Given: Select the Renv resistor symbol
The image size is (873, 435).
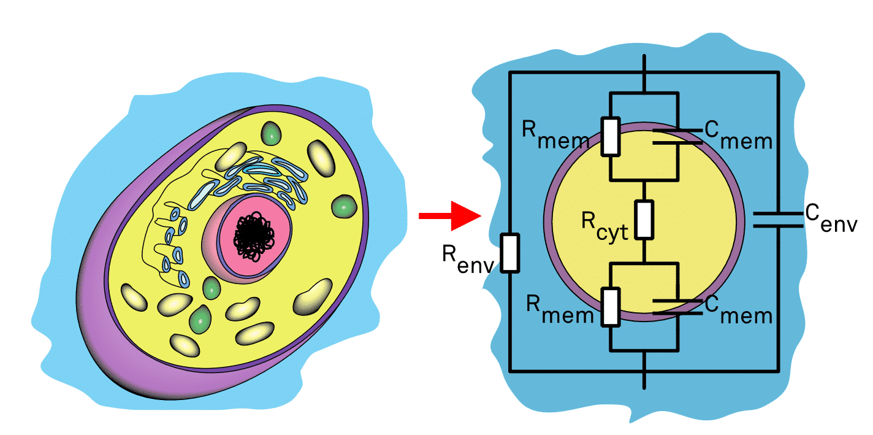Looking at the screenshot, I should coord(510,252).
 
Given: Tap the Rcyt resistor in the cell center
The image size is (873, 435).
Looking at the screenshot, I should coord(644,220).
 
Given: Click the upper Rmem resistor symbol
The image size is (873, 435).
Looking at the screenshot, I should coord(611,136).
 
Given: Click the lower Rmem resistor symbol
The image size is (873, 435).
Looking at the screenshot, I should coord(611,306).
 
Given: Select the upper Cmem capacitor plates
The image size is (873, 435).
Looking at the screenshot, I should coord(677,136).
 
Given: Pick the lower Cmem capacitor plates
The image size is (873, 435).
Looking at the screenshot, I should coord(677,306).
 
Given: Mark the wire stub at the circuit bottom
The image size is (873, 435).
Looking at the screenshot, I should coord(644,380).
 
